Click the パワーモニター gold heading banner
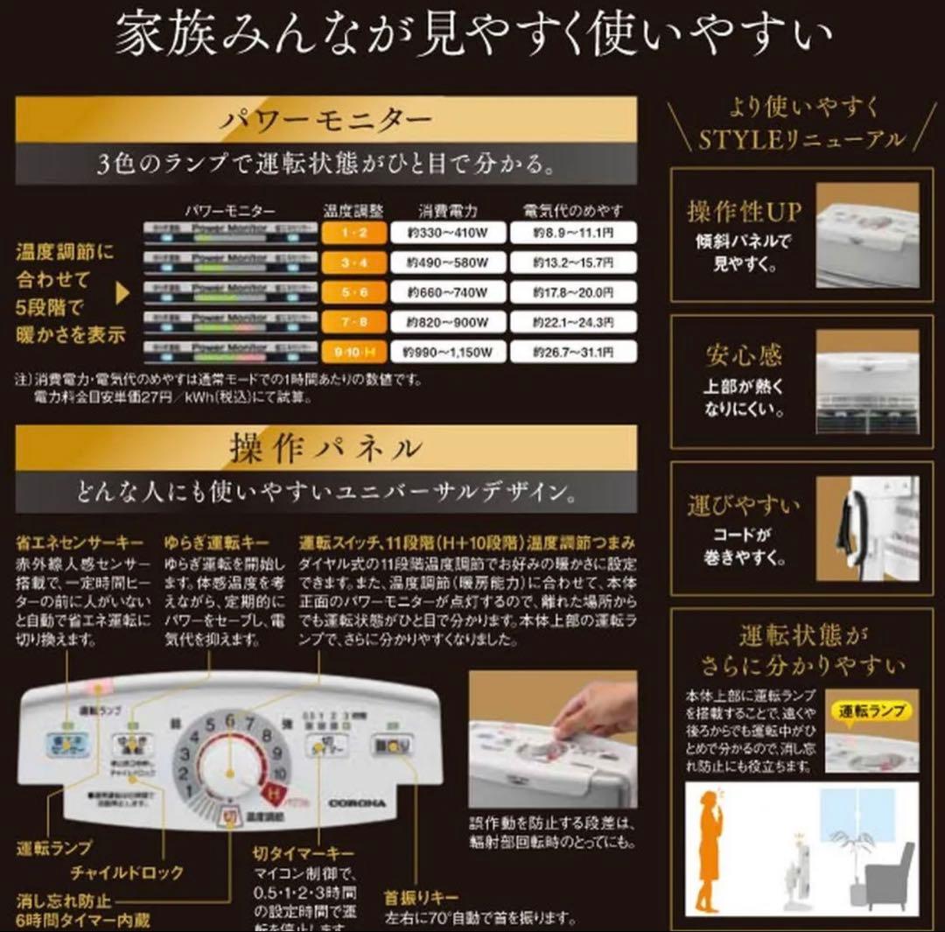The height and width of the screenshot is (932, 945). tap(325, 118)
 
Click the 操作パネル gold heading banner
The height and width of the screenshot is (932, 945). tap(325, 448)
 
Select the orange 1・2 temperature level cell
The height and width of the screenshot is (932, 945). tap(350, 233)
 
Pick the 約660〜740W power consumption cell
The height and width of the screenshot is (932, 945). tap(449, 292)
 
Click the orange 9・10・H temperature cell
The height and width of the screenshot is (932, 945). tap(350, 353)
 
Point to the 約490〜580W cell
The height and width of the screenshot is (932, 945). tap(449, 263)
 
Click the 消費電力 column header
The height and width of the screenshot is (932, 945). tap(449, 211)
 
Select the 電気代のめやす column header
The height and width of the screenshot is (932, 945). tap(573, 211)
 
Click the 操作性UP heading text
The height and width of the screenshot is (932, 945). tap(744, 213)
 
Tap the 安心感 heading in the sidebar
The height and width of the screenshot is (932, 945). tap(744, 356)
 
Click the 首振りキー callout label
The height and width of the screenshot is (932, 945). tap(421, 898)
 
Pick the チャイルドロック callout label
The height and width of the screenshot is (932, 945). tap(129, 872)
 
